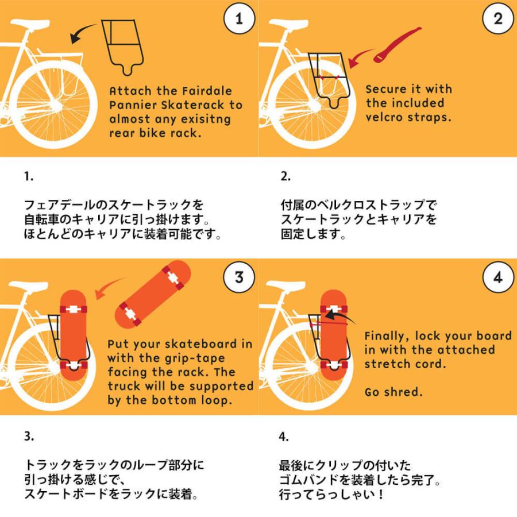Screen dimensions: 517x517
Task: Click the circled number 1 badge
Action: (239, 18)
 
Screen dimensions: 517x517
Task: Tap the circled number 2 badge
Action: (498, 18)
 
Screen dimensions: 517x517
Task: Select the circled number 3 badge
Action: (239, 277)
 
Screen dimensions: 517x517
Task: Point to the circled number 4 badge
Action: (498, 277)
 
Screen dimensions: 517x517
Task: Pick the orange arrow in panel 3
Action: (109, 287)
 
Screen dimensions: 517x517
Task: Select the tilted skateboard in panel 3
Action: (153, 295)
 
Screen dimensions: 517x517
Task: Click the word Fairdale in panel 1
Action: (207, 91)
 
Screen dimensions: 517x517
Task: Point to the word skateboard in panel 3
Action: (200, 344)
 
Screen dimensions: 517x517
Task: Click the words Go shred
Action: (393, 392)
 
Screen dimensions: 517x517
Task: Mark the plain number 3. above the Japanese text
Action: (29, 436)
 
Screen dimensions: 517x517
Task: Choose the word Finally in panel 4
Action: (387, 336)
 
